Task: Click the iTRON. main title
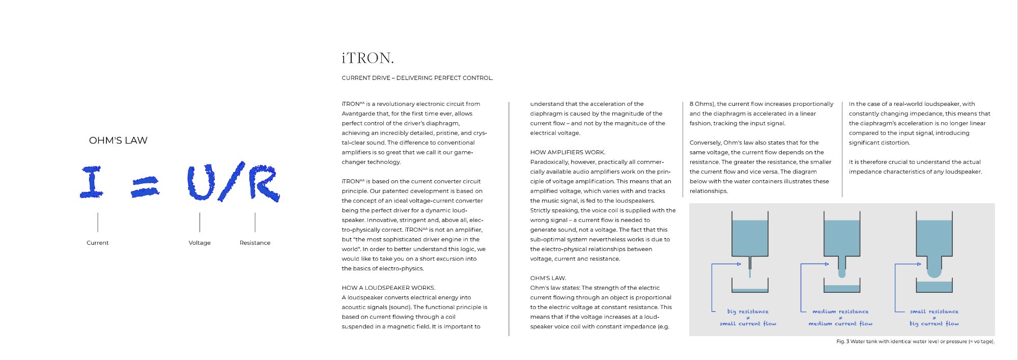(x=367, y=58)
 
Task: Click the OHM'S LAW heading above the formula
(x=118, y=141)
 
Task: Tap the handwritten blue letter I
(x=92, y=182)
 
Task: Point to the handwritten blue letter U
(x=201, y=182)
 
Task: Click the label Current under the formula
(x=97, y=243)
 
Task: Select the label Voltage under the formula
(x=200, y=243)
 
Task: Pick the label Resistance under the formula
(x=255, y=243)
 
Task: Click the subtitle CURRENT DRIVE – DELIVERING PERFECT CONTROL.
(x=417, y=78)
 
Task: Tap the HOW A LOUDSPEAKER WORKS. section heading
(x=388, y=288)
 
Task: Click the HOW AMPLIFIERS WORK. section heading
(x=568, y=152)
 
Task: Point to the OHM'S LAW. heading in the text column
(x=548, y=278)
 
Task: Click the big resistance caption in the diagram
(x=748, y=312)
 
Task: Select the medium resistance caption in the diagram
(x=840, y=312)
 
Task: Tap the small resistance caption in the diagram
(x=934, y=312)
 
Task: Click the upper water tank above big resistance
(x=750, y=237)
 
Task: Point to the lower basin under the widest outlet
(x=934, y=286)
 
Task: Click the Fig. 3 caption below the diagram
(x=915, y=342)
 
